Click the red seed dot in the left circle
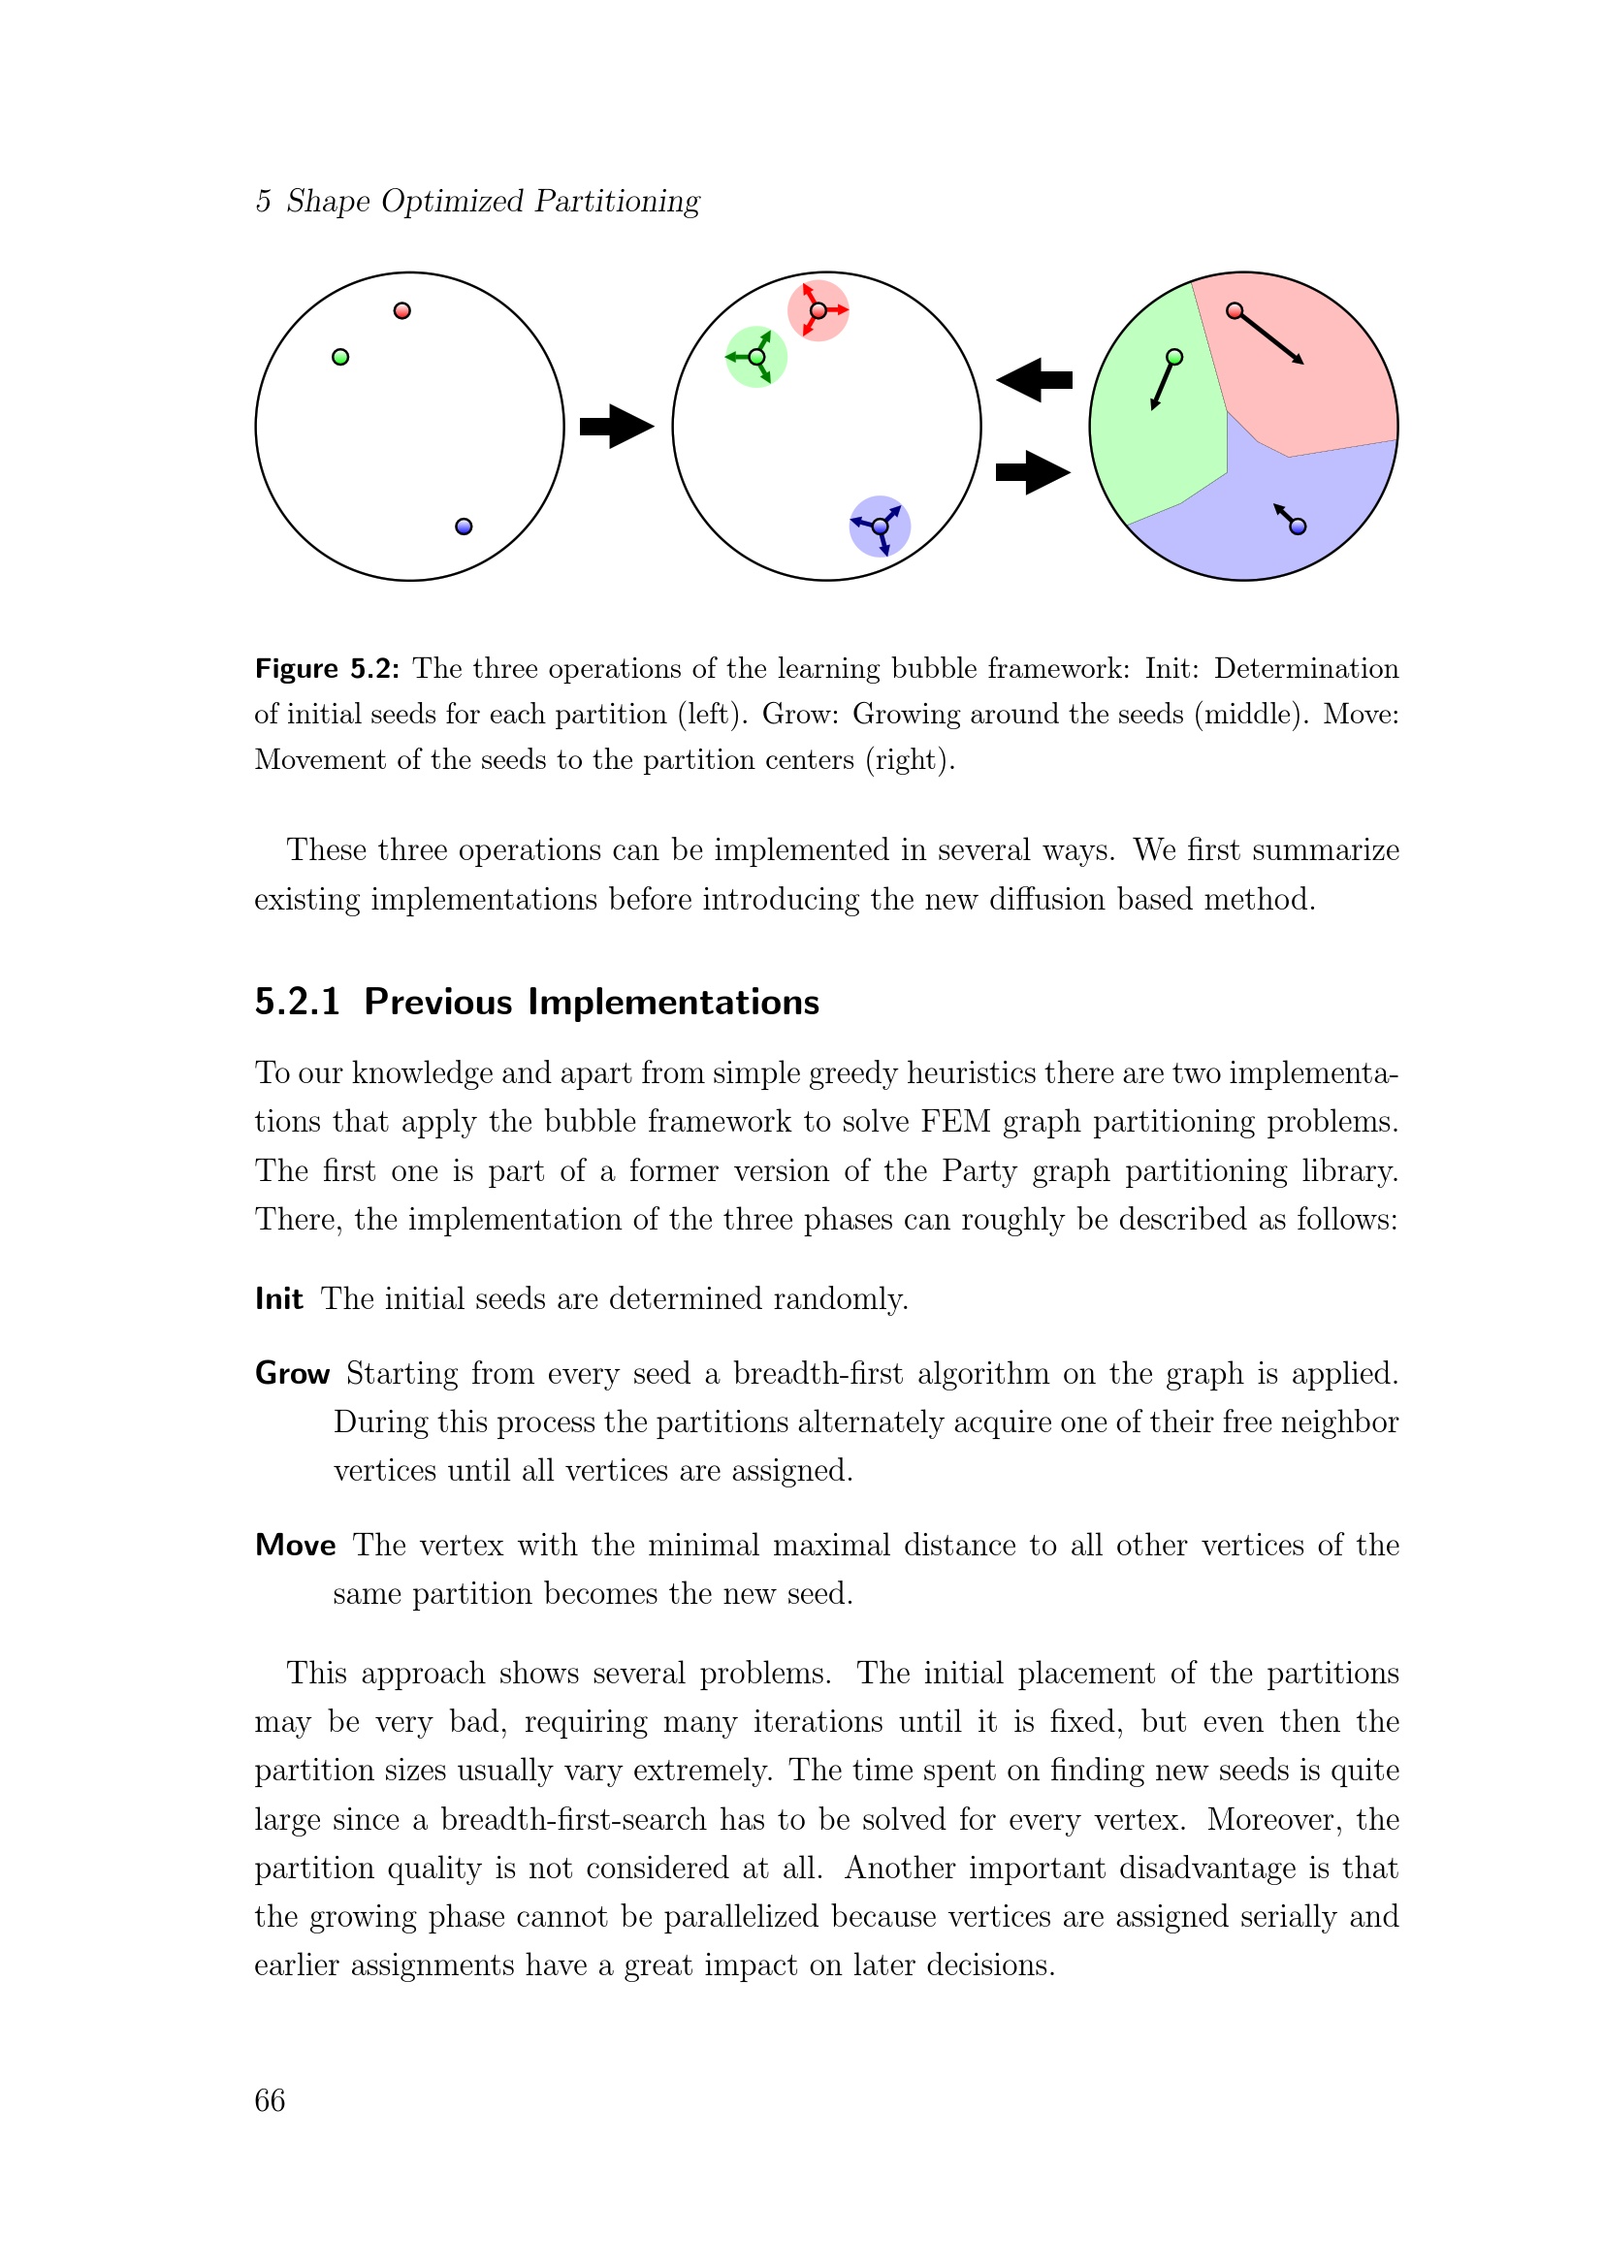402,310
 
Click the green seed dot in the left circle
340,357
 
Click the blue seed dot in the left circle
464,527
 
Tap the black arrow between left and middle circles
617,427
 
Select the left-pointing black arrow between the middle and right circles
1033,379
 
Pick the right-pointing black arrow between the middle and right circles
1033,472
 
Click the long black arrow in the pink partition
1270,337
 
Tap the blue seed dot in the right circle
1298,527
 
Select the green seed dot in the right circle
1174,357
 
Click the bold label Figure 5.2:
327,669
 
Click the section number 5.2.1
298,1002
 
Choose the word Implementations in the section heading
674,1002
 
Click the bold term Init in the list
278,1298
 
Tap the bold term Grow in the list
291,1373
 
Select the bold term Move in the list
296,1544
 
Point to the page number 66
270,2100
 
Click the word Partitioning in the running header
618,201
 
